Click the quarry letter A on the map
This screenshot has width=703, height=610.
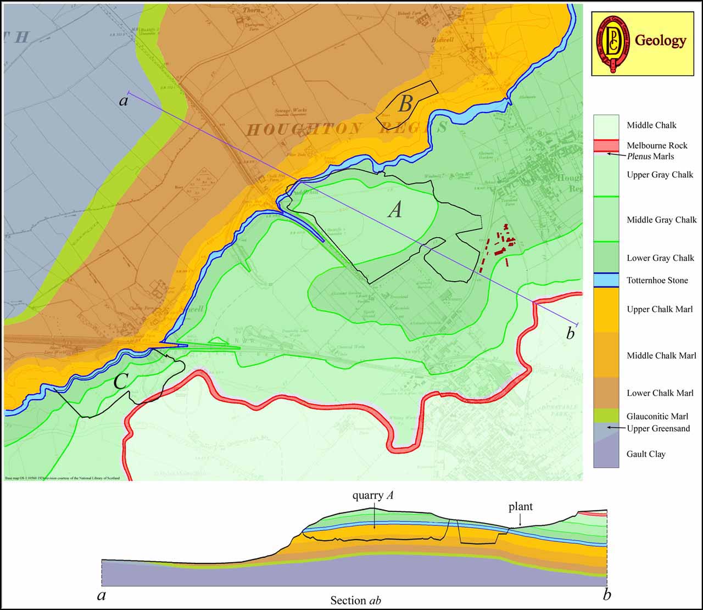click(395, 209)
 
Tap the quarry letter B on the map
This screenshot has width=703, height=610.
click(405, 104)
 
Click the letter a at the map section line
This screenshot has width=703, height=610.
click(124, 101)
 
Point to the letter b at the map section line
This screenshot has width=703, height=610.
click(571, 333)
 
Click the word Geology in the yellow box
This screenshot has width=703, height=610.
click(660, 41)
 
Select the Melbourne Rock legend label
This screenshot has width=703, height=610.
click(657, 145)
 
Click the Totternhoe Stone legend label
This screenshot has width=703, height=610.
click(657, 281)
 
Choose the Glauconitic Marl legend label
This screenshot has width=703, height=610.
click(657, 416)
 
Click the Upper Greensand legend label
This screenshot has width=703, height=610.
click(658, 428)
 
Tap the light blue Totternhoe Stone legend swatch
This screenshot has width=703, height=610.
click(606, 281)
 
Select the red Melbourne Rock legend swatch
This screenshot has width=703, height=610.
click(606, 145)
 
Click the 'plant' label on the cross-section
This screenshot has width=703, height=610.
click(520, 507)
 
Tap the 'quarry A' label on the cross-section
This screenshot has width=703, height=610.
click(373, 496)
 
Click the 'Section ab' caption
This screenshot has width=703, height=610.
click(355, 600)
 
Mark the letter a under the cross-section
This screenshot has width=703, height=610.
click(101, 596)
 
